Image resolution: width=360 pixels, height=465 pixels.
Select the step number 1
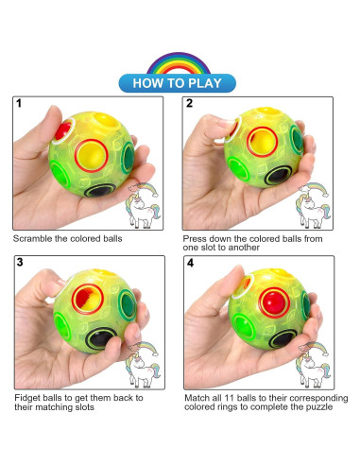[x=19, y=104]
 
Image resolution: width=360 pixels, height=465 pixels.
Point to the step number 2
[x=190, y=104]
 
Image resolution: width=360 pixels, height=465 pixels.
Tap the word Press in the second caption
[x=197, y=237]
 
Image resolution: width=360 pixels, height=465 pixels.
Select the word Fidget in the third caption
[x=26, y=396]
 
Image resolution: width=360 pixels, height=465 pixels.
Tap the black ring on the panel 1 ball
[x=95, y=190]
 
